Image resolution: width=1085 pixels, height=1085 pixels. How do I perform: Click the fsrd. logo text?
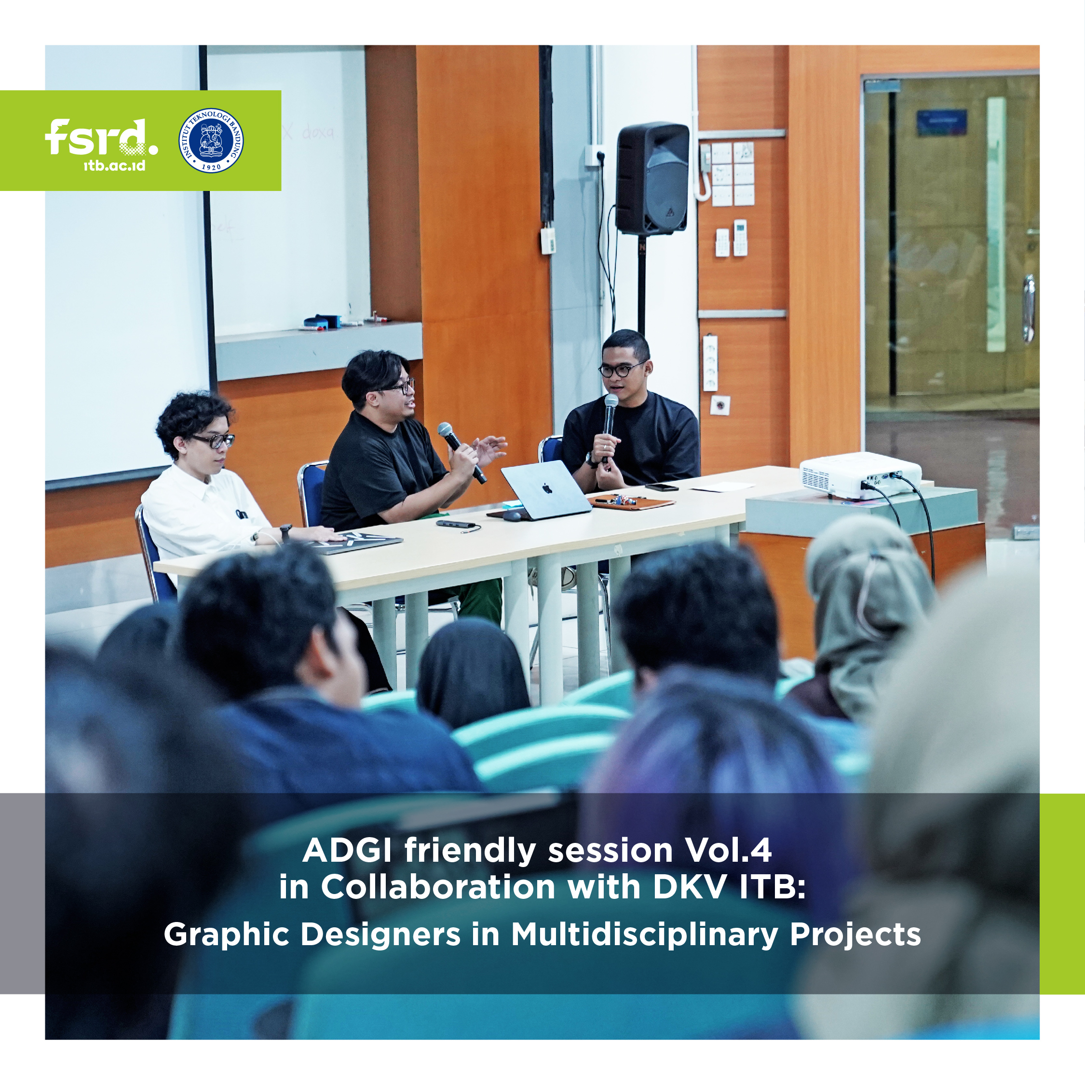coord(101,137)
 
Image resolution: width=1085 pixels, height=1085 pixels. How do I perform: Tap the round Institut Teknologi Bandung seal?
coord(211,140)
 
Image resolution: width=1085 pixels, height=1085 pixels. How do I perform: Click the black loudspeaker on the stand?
coord(652,178)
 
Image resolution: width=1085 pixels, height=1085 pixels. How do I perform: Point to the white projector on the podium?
coord(859,475)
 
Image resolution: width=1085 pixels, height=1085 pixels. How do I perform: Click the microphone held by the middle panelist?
coord(461,452)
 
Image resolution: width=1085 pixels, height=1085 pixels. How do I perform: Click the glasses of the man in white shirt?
coord(214,440)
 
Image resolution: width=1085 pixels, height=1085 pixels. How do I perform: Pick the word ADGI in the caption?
coord(347,851)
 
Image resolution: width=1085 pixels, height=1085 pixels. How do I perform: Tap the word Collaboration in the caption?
coord(438,887)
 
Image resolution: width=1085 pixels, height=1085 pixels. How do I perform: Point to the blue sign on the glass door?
coord(942,122)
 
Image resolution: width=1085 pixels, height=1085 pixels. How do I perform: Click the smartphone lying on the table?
coord(661,487)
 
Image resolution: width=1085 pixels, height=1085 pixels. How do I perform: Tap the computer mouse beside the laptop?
coord(512,516)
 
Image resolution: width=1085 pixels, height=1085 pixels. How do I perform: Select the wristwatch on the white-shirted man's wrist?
coord(286,532)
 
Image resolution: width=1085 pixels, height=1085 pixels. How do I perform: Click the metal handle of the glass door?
coord(1028,308)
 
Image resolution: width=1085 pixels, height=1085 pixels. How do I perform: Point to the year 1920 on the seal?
coord(211,167)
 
